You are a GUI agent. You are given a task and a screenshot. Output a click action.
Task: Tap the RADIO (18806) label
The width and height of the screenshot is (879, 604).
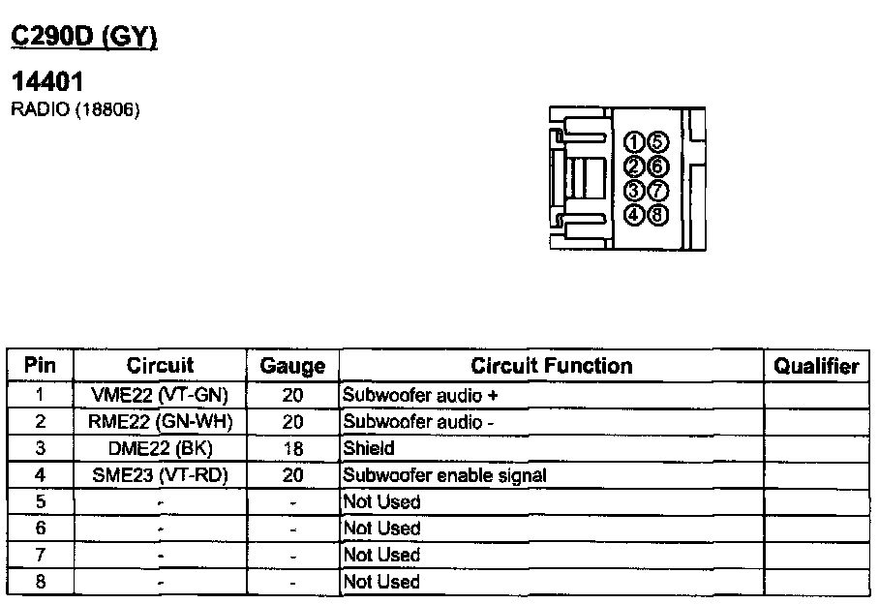[75, 109]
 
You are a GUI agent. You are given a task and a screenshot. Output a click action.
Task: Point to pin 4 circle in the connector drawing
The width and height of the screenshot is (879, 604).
[634, 214]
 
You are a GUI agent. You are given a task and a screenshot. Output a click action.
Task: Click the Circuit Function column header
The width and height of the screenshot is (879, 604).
[551, 366]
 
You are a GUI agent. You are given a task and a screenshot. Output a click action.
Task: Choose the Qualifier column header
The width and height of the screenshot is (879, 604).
[816, 366]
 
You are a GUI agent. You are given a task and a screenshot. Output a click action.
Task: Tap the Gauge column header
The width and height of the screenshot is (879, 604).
[292, 366]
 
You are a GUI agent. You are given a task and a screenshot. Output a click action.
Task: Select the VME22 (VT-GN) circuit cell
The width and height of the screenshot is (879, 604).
[160, 395]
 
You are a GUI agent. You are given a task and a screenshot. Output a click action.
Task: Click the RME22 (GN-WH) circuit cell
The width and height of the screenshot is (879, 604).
[160, 422]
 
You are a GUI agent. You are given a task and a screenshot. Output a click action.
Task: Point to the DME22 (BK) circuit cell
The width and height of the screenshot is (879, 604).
[160, 448]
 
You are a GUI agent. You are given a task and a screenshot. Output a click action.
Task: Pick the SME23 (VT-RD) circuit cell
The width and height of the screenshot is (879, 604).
[160, 475]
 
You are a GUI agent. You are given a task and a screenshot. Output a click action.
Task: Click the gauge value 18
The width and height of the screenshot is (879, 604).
[292, 448]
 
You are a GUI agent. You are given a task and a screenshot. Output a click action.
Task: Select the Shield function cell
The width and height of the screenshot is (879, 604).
[369, 448]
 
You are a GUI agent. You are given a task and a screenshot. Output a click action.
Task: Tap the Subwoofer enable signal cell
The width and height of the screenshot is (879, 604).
[444, 475]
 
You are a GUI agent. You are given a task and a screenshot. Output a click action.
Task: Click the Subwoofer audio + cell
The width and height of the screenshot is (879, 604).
[420, 395]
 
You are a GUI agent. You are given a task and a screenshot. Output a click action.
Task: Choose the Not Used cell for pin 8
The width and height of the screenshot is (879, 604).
[382, 582]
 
